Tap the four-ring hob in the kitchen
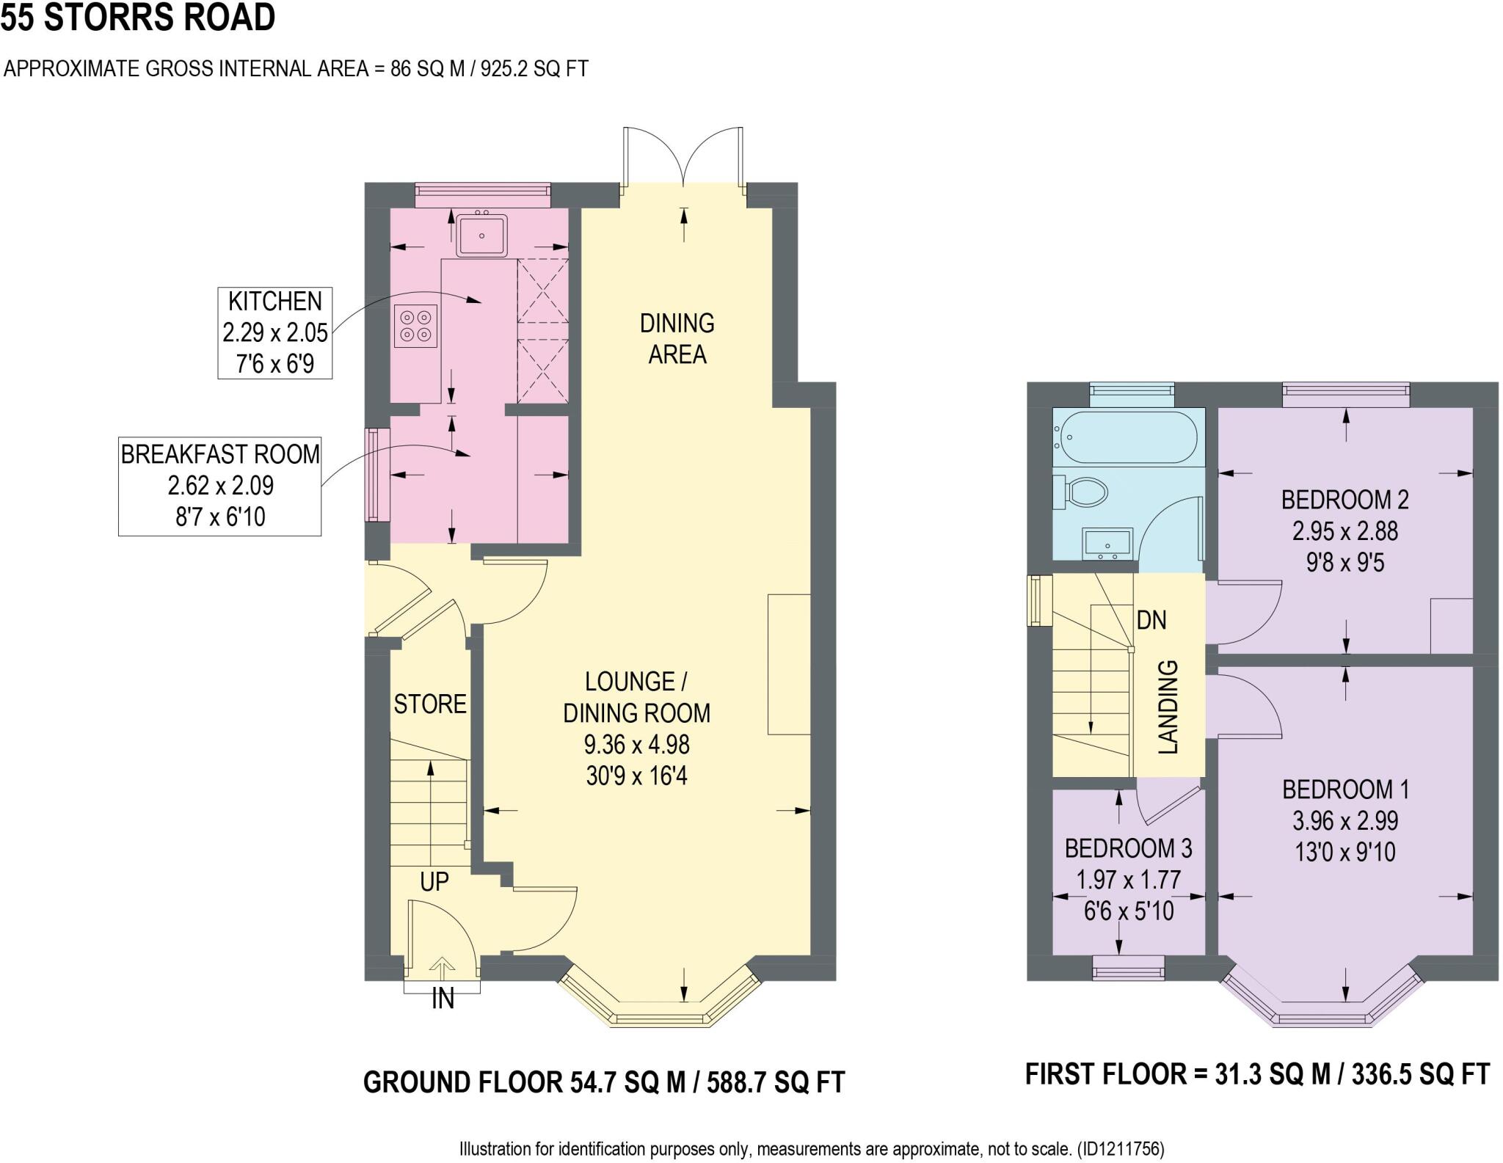pos(416,326)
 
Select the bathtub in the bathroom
pos(1127,437)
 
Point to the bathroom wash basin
pos(1107,543)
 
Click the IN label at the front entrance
pos(443,999)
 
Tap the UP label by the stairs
pos(434,881)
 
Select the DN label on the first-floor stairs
pos(1151,621)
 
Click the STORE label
pos(430,704)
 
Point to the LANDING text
pos(1168,707)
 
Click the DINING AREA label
pos(677,339)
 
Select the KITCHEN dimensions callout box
pos(275,333)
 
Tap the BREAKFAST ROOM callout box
pos(220,486)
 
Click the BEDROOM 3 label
pos(1128,849)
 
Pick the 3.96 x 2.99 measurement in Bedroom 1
pos(1345,820)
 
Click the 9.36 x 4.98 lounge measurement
pos(636,745)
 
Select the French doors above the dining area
pos(683,158)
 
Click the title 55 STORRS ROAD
pos(138,18)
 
